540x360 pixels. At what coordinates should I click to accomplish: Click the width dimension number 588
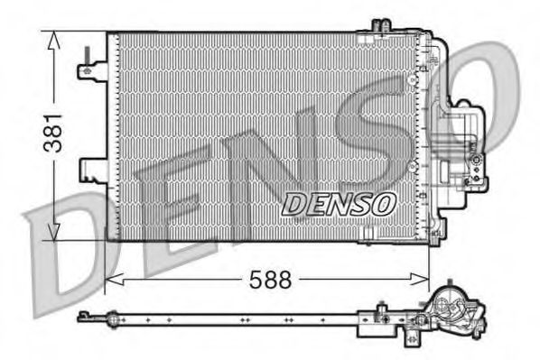[x=271, y=280]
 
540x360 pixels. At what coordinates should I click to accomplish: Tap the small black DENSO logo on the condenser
[x=339, y=204]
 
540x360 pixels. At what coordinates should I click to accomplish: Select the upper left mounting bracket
[x=94, y=69]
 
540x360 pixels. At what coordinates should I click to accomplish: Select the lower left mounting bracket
[x=95, y=169]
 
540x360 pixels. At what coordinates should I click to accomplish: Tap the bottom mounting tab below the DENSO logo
[x=366, y=237]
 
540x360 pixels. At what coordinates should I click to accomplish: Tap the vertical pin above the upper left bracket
[x=86, y=55]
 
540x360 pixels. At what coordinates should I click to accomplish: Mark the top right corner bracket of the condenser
[x=424, y=41]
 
